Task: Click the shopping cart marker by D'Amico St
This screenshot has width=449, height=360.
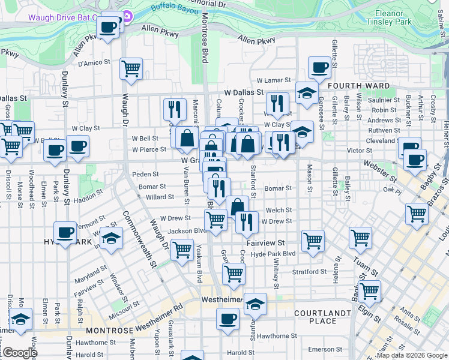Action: click(131, 68)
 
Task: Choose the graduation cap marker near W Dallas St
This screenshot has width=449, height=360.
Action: click(306, 93)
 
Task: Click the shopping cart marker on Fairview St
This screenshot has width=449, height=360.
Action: click(313, 241)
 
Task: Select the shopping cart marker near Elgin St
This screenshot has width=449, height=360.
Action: click(369, 291)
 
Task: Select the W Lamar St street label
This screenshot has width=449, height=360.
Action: click(274, 80)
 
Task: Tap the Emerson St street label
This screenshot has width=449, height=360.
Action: click(325, 349)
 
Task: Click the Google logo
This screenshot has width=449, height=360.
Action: click(19, 353)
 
